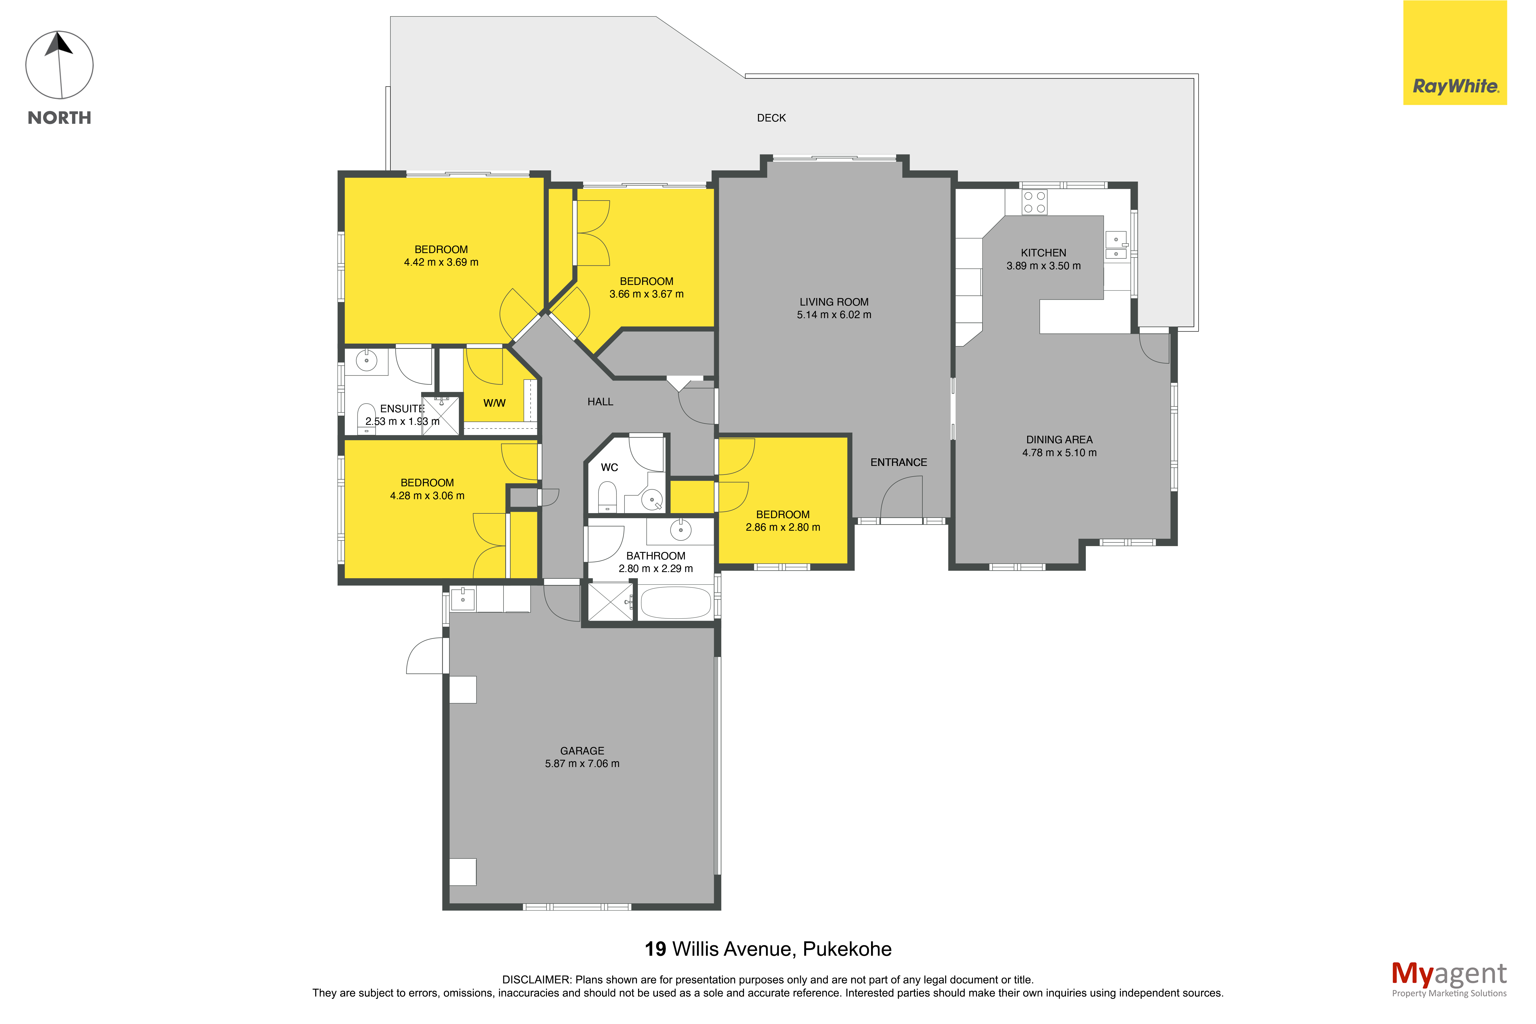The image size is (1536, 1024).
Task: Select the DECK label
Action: pos(771,118)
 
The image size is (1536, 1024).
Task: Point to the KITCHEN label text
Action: pos(1043,253)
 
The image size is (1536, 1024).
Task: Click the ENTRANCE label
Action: pos(898,462)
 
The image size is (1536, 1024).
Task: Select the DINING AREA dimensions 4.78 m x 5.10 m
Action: pos(1059,453)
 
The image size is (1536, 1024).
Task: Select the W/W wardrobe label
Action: pos(494,403)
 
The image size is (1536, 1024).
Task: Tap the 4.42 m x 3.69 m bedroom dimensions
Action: pos(441,263)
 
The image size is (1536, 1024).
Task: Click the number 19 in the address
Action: pos(655,949)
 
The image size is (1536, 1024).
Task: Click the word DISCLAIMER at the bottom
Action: pos(536,980)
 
